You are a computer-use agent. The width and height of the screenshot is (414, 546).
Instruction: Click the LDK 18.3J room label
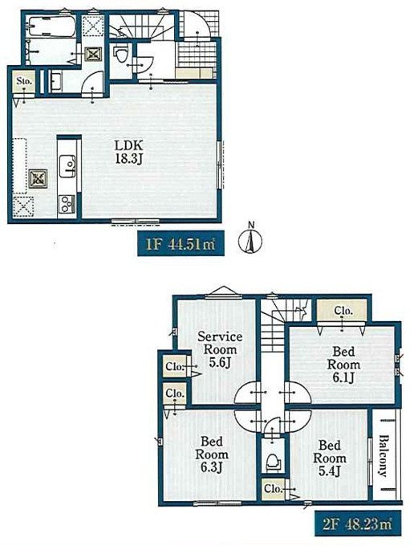129,152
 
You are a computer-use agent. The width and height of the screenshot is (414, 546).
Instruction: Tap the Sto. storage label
24,81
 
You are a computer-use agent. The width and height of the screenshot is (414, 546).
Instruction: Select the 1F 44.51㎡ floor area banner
181,243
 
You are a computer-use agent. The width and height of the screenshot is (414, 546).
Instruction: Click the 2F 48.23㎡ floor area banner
358,524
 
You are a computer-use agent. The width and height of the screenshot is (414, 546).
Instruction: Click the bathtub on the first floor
51,26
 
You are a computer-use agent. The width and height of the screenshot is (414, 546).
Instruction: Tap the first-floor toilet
121,54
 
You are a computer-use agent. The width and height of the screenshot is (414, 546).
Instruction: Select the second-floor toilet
273,462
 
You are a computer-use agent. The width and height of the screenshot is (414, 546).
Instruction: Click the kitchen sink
67,165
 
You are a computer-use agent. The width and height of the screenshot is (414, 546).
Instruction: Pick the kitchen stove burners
67,204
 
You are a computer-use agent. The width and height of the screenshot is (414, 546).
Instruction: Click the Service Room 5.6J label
220,349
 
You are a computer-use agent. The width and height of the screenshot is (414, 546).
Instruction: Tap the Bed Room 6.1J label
343,365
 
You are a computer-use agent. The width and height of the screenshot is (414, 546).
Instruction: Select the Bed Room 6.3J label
212,454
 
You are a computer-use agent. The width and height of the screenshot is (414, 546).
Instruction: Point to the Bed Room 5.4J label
329,458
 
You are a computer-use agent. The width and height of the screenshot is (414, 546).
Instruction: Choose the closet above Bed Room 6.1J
343,311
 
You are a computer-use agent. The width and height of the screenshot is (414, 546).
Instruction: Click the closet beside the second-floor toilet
273,488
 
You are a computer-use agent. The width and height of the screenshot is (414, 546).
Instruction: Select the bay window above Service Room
223,292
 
